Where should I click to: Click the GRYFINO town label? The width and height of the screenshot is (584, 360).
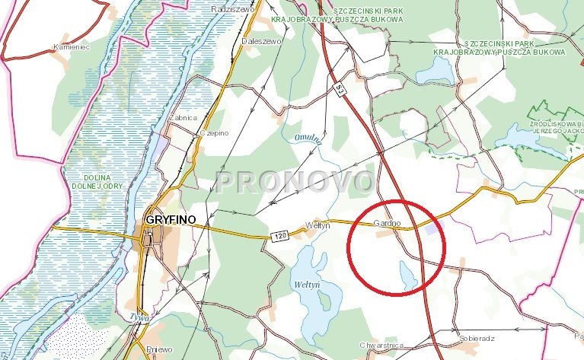tap(168, 220)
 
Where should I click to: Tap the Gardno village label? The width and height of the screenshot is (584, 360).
tap(387, 223)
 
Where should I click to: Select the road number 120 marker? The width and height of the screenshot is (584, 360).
tap(279, 238)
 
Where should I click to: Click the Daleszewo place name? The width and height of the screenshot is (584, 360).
tap(262, 41)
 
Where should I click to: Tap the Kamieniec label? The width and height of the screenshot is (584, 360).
tap(72, 46)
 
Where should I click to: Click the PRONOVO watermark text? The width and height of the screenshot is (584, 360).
tap(295, 182)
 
